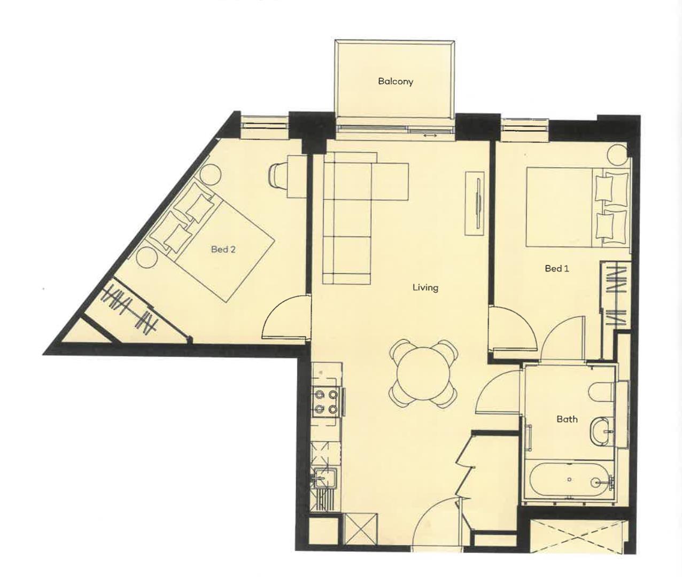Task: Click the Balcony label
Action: pos(396,81)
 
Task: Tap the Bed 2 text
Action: pos(223,249)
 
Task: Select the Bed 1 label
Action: pos(557,269)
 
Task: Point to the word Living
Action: pos(425,287)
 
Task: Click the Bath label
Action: pos(567,419)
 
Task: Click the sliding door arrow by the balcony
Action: pos(430,135)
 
